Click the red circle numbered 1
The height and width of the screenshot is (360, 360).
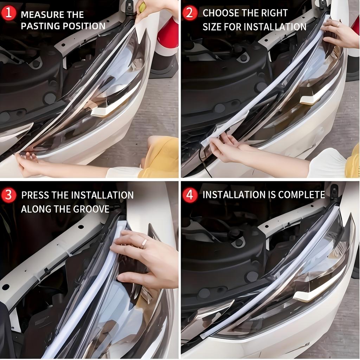coord(8,13)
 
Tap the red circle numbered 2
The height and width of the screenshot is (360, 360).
coord(190,13)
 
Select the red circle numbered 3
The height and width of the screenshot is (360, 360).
coord(8,195)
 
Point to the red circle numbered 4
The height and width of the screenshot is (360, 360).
coord(190,195)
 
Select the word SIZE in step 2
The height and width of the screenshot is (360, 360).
coord(212,27)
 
